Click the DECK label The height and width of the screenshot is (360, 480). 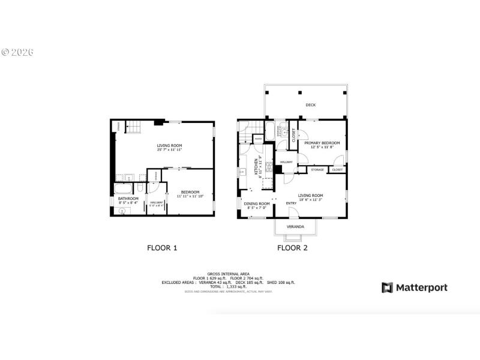[310, 105]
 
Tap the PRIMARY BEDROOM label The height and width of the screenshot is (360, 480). [322, 143]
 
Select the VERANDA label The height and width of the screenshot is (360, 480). [295, 227]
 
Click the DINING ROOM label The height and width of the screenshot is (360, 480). [257, 204]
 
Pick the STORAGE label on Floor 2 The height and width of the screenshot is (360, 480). [317, 170]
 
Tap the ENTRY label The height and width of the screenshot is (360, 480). [291, 203]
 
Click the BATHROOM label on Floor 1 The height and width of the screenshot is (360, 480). [128, 199]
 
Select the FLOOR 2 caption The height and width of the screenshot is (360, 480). [292, 247]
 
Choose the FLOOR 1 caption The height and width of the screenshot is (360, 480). [162, 247]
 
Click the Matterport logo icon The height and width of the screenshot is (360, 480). [387, 287]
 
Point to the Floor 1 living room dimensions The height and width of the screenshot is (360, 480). [170, 150]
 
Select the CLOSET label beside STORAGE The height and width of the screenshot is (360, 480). [337, 170]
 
